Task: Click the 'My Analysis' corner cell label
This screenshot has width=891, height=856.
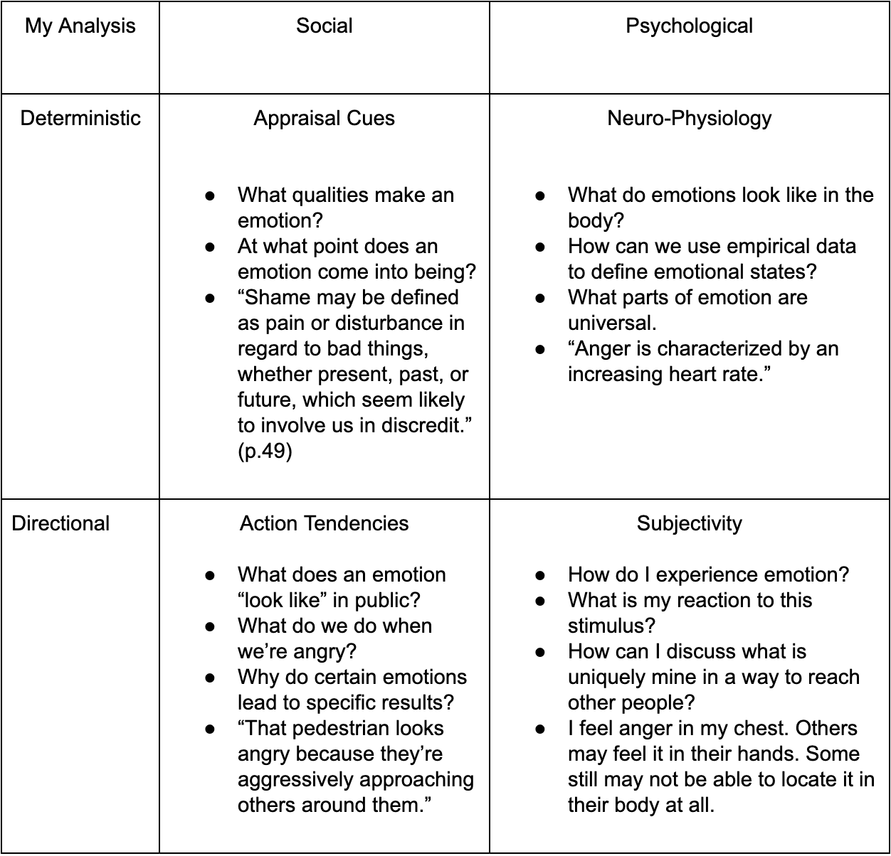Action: (80, 26)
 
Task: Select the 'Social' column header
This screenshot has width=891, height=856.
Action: (324, 26)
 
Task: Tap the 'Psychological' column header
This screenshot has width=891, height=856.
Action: (689, 26)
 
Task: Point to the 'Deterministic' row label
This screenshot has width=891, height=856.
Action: (80, 118)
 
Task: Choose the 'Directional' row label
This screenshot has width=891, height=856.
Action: (61, 523)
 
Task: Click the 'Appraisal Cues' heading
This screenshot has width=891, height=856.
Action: (324, 118)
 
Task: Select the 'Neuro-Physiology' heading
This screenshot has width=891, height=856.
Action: (689, 118)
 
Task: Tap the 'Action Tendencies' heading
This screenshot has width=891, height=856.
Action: (324, 523)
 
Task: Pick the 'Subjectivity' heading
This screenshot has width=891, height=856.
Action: (689, 523)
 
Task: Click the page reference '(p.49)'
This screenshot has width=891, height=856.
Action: (265, 451)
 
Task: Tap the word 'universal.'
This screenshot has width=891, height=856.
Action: (612, 323)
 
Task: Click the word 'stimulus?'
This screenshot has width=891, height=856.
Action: (611, 626)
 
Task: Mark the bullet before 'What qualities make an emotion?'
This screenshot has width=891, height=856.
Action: (210, 195)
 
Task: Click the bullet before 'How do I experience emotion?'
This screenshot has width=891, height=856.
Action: (540, 574)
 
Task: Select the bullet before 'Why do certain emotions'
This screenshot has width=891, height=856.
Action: (210, 677)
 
